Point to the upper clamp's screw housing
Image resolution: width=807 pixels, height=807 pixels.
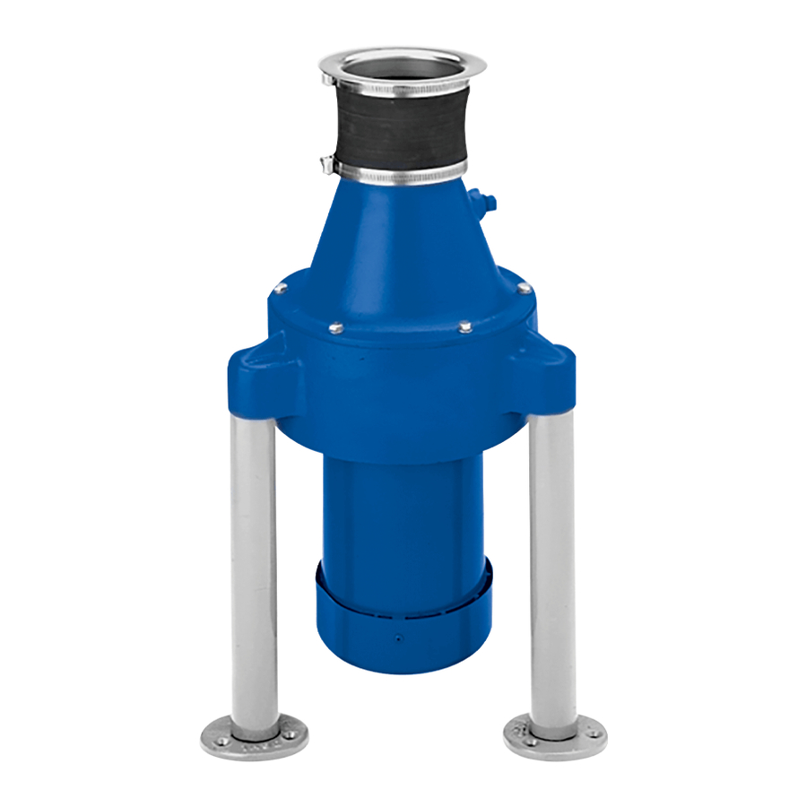pos(329,79)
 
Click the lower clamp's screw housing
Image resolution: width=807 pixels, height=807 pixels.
pos(327,164)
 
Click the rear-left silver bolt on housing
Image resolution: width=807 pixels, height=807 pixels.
pos(281,288)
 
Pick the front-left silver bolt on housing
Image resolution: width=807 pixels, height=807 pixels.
pos(334,328)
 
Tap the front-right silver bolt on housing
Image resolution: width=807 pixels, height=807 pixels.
pos(465,327)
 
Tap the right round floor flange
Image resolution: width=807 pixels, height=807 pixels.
pos(555,736)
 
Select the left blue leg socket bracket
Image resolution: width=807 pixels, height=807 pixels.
pos(256,377)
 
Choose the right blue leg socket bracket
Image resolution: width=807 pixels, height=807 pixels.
pos(547,377)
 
